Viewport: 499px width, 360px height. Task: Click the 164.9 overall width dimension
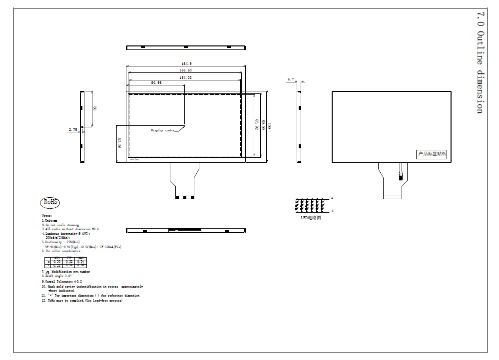click(x=186, y=63)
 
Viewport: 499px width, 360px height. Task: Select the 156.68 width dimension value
click(x=186, y=70)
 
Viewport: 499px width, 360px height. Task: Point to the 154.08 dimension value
click(x=186, y=77)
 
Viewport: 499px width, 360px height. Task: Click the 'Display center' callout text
click(x=163, y=130)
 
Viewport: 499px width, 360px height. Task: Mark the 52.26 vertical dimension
click(x=120, y=143)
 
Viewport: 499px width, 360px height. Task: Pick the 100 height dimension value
click(x=269, y=127)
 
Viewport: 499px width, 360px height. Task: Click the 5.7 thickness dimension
click(x=291, y=79)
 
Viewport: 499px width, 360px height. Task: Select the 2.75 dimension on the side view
click(x=73, y=129)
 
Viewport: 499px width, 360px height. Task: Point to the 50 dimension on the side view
click(x=95, y=108)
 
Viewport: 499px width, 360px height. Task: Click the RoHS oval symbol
click(x=50, y=202)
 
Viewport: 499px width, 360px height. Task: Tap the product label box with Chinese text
click(x=432, y=154)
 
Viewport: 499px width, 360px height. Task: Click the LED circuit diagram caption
click(x=311, y=218)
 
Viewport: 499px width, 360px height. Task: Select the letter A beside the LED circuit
click(x=332, y=198)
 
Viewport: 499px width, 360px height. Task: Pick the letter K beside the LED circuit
click(x=332, y=211)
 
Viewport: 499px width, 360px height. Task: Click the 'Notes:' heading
click(x=47, y=215)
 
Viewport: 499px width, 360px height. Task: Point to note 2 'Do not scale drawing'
click(x=61, y=225)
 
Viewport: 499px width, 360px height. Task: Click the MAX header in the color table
click(x=80, y=258)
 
